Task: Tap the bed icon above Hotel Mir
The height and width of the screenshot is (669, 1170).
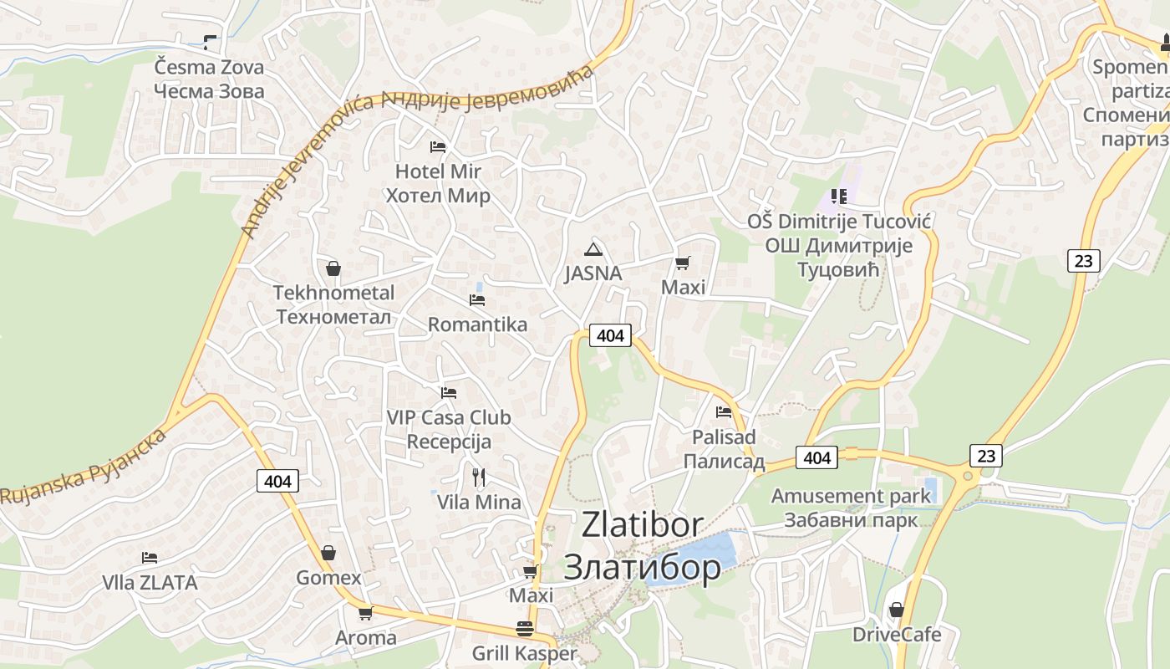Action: coord(438,147)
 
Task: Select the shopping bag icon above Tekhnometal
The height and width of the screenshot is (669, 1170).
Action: coord(333,268)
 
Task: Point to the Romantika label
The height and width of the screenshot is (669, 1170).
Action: coord(477,324)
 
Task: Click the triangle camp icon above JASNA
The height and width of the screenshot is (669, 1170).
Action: coord(593,249)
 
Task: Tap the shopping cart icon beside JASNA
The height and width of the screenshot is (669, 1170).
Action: coord(683,263)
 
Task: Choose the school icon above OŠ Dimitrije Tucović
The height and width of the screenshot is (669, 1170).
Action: coord(839,197)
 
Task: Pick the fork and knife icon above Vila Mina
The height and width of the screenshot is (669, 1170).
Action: coord(479,477)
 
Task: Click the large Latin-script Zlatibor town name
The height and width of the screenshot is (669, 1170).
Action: coord(642,524)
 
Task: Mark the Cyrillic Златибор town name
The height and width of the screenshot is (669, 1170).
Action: coord(642,567)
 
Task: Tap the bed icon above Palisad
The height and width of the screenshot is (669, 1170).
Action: coord(724,411)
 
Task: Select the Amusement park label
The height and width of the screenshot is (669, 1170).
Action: coord(851,496)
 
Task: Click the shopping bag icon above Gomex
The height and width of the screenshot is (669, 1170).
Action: coord(328,553)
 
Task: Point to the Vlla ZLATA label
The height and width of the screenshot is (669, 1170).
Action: coord(150,583)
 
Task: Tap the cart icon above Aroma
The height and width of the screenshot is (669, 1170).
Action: coord(365,614)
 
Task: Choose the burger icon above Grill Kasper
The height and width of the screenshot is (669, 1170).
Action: coord(525,629)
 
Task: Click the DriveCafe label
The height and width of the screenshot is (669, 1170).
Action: coord(897,635)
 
